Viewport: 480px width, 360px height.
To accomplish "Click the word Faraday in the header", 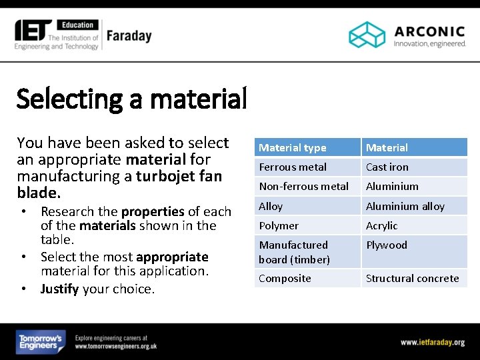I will pos(129,35).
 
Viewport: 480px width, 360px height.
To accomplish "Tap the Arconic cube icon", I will pos(367,35).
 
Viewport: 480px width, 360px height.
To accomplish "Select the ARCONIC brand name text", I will pos(429,31).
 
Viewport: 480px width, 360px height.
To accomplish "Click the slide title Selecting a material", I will pos(131,99).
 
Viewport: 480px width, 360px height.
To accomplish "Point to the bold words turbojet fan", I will pos(178,177).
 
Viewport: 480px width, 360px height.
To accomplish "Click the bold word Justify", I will pos(61,289).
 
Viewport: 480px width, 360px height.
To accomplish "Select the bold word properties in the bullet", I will pos(153,211).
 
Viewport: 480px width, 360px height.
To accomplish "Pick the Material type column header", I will pos(293,147).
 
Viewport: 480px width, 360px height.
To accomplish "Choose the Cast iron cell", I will pos(387,167).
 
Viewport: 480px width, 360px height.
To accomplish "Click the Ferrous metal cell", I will pos(293,167).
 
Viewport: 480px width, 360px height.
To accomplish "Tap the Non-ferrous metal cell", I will pos(303,186).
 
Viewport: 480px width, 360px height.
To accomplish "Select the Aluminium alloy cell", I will pos(405,206).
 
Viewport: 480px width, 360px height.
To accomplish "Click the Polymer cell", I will pos(279,225).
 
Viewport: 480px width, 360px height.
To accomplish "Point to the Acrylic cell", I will pos(381,225).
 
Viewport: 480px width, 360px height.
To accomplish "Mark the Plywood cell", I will pos(386,245).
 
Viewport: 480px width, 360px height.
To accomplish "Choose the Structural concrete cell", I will pos(412,278).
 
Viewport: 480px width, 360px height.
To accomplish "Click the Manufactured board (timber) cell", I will pos(294,252).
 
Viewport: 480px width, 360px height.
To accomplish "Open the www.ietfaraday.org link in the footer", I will pos(432,342).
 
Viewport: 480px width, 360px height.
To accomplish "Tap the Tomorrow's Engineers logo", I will pos(41,342).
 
